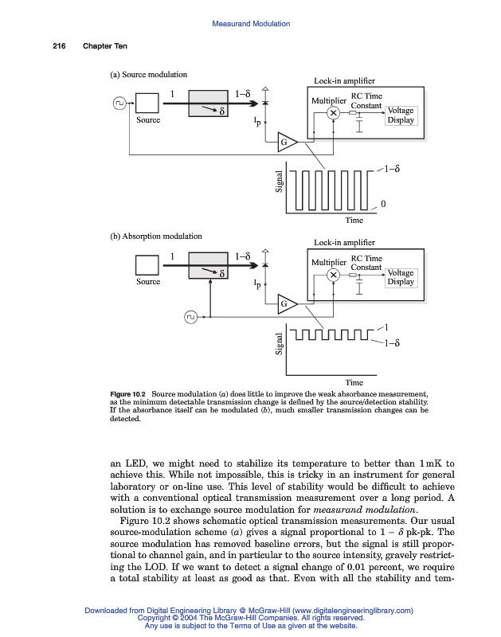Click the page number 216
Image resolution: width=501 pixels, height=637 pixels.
(59, 45)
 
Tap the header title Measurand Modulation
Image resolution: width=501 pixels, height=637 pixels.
(251, 24)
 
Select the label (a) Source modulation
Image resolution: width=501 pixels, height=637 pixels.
(148, 74)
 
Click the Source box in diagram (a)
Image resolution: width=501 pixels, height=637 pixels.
(148, 104)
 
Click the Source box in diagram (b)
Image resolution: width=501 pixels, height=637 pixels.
(148, 265)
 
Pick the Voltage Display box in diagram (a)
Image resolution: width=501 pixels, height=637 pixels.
(401, 115)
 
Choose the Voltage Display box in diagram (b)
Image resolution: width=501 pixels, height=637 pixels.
(401, 277)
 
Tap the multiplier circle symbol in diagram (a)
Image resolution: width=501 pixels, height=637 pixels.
(335, 113)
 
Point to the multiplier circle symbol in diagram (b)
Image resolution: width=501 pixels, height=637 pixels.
(335, 275)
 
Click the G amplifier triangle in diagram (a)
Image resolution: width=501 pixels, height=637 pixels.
(287, 142)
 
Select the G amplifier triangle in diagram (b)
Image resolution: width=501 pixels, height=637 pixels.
(287, 303)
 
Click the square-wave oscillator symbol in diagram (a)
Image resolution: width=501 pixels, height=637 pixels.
(119, 103)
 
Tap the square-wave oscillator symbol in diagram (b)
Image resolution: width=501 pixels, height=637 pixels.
(190, 318)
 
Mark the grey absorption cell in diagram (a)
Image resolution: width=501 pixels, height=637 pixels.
(211, 104)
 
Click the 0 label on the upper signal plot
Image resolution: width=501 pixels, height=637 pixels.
(384, 205)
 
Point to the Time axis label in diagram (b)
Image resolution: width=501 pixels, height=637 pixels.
(354, 382)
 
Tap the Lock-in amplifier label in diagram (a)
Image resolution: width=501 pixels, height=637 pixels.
(344, 80)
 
